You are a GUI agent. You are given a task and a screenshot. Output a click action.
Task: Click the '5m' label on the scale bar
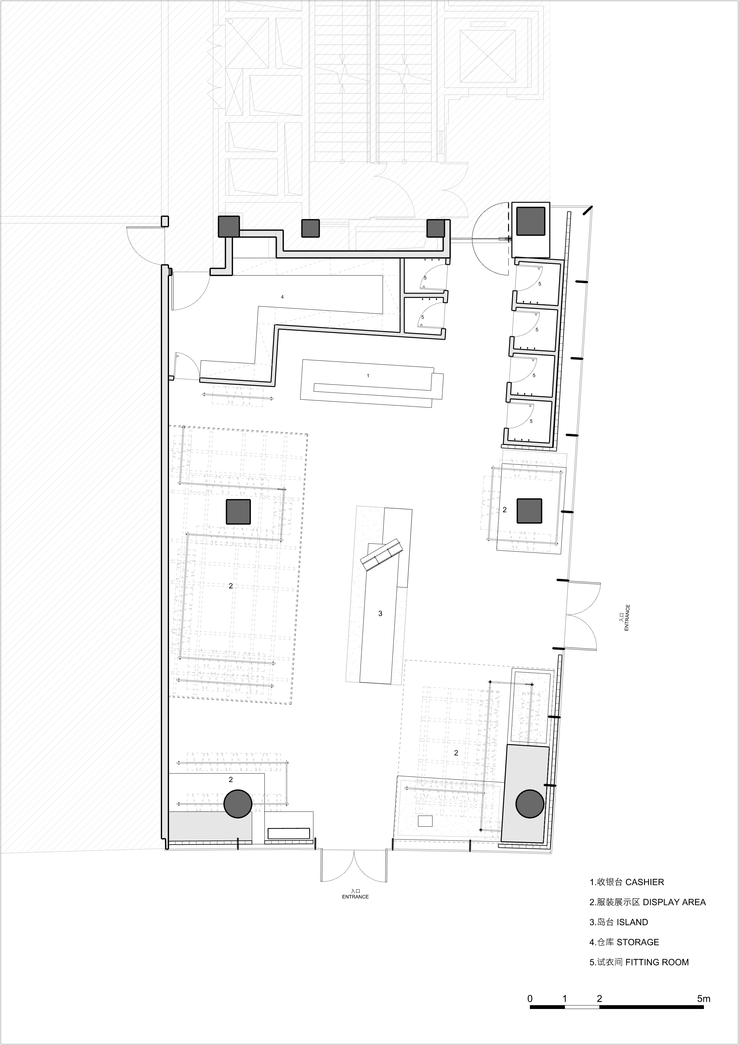(x=704, y=999)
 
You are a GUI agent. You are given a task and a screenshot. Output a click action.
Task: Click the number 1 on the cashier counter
(x=368, y=376)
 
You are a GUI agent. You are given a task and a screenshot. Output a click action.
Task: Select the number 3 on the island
(x=380, y=614)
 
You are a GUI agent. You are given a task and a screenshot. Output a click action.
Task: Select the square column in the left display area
(x=239, y=512)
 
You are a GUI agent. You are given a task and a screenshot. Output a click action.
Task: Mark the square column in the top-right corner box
(x=531, y=221)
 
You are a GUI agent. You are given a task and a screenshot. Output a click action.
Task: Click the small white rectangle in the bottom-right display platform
(x=426, y=821)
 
